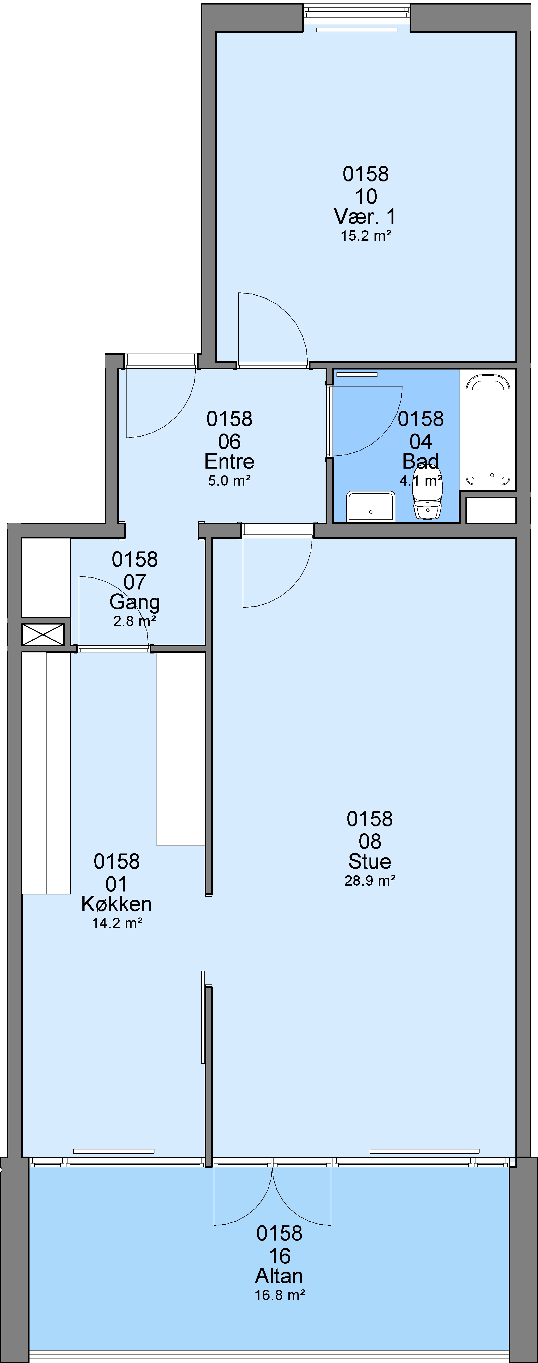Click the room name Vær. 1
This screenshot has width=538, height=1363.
tap(365, 216)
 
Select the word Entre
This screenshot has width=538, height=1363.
tap(229, 461)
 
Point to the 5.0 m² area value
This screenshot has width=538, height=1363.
tap(229, 481)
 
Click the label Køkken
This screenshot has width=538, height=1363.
tap(116, 904)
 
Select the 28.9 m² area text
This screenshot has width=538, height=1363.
tap(370, 880)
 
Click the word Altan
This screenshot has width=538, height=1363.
tap(279, 1276)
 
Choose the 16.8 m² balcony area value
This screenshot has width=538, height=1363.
tap(280, 1295)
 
